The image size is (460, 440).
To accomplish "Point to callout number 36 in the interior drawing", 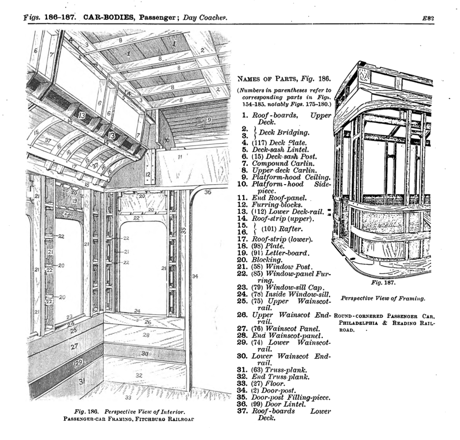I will click(207, 192).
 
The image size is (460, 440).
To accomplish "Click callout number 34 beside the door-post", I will click(195, 276).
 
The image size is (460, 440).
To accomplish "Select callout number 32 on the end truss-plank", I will click(139, 375).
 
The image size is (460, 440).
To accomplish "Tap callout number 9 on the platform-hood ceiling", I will click(209, 120).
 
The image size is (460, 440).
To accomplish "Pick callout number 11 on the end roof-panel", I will click(180, 157).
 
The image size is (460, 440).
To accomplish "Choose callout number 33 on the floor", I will click(128, 398).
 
